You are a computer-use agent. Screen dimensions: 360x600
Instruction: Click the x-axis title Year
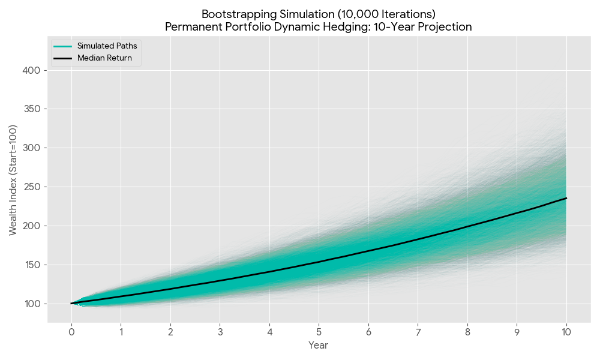(x=318, y=346)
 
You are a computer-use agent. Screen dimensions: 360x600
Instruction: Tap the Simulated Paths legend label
(x=107, y=46)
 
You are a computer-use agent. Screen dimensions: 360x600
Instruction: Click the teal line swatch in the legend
(x=62, y=46)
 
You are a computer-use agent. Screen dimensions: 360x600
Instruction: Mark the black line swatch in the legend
(x=62, y=58)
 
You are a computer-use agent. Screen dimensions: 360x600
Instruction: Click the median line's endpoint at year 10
(x=566, y=198)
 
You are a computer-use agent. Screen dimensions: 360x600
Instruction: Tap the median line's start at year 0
(x=71, y=304)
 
